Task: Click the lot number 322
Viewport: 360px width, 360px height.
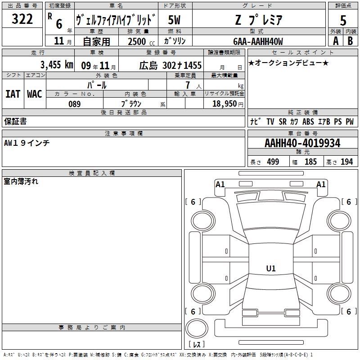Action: tap(22, 19)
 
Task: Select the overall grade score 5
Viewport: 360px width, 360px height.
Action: tap(343, 20)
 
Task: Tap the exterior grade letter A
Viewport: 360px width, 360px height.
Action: tap(336, 41)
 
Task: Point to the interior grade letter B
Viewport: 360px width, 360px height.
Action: tap(350, 41)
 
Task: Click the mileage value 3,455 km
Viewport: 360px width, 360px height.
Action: tap(57, 65)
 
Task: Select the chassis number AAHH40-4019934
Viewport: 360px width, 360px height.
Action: tap(302, 143)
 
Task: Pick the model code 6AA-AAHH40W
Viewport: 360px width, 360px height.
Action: tap(258, 41)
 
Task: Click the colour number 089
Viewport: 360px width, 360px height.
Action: tap(75, 104)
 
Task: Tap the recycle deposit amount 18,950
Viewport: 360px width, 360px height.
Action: tap(225, 104)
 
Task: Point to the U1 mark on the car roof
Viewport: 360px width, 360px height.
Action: tap(271, 268)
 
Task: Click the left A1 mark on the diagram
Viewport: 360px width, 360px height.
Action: tap(220, 184)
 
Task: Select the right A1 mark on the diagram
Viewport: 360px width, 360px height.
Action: tap(321, 184)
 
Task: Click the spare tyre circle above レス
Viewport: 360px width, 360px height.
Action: tap(197, 328)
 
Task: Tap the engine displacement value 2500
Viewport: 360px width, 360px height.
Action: tap(137, 41)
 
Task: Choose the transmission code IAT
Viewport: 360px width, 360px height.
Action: tap(13, 94)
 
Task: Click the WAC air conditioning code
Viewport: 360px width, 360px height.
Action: tap(35, 94)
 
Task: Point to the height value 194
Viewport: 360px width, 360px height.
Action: tap(346, 162)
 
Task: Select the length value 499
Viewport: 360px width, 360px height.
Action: tap(273, 162)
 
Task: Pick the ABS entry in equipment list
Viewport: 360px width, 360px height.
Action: tap(308, 121)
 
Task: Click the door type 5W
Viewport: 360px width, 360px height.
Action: tap(174, 20)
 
